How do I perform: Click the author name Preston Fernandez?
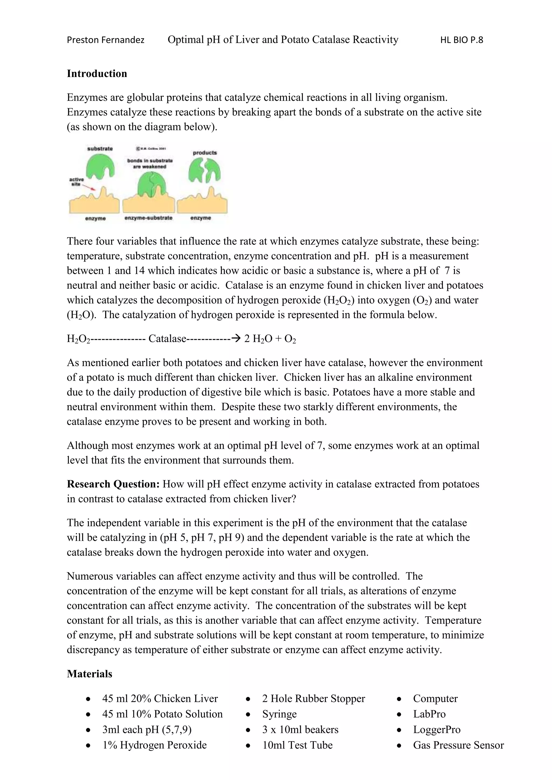(105, 40)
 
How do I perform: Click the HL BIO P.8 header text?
(461, 40)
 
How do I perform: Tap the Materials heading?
(89, 674)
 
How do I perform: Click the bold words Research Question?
(113, 484)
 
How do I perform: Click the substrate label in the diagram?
(100, 149)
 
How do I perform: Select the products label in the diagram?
(205, 153)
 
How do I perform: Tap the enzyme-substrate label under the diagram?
(149, 218)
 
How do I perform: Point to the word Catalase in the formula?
(167, 339)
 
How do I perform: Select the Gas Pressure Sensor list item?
(458, 745)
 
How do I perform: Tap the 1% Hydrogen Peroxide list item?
(154, 745)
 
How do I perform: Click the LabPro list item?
(429, 714)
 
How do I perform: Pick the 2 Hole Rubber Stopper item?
(313, 698)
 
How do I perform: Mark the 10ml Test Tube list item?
(297, 745)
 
